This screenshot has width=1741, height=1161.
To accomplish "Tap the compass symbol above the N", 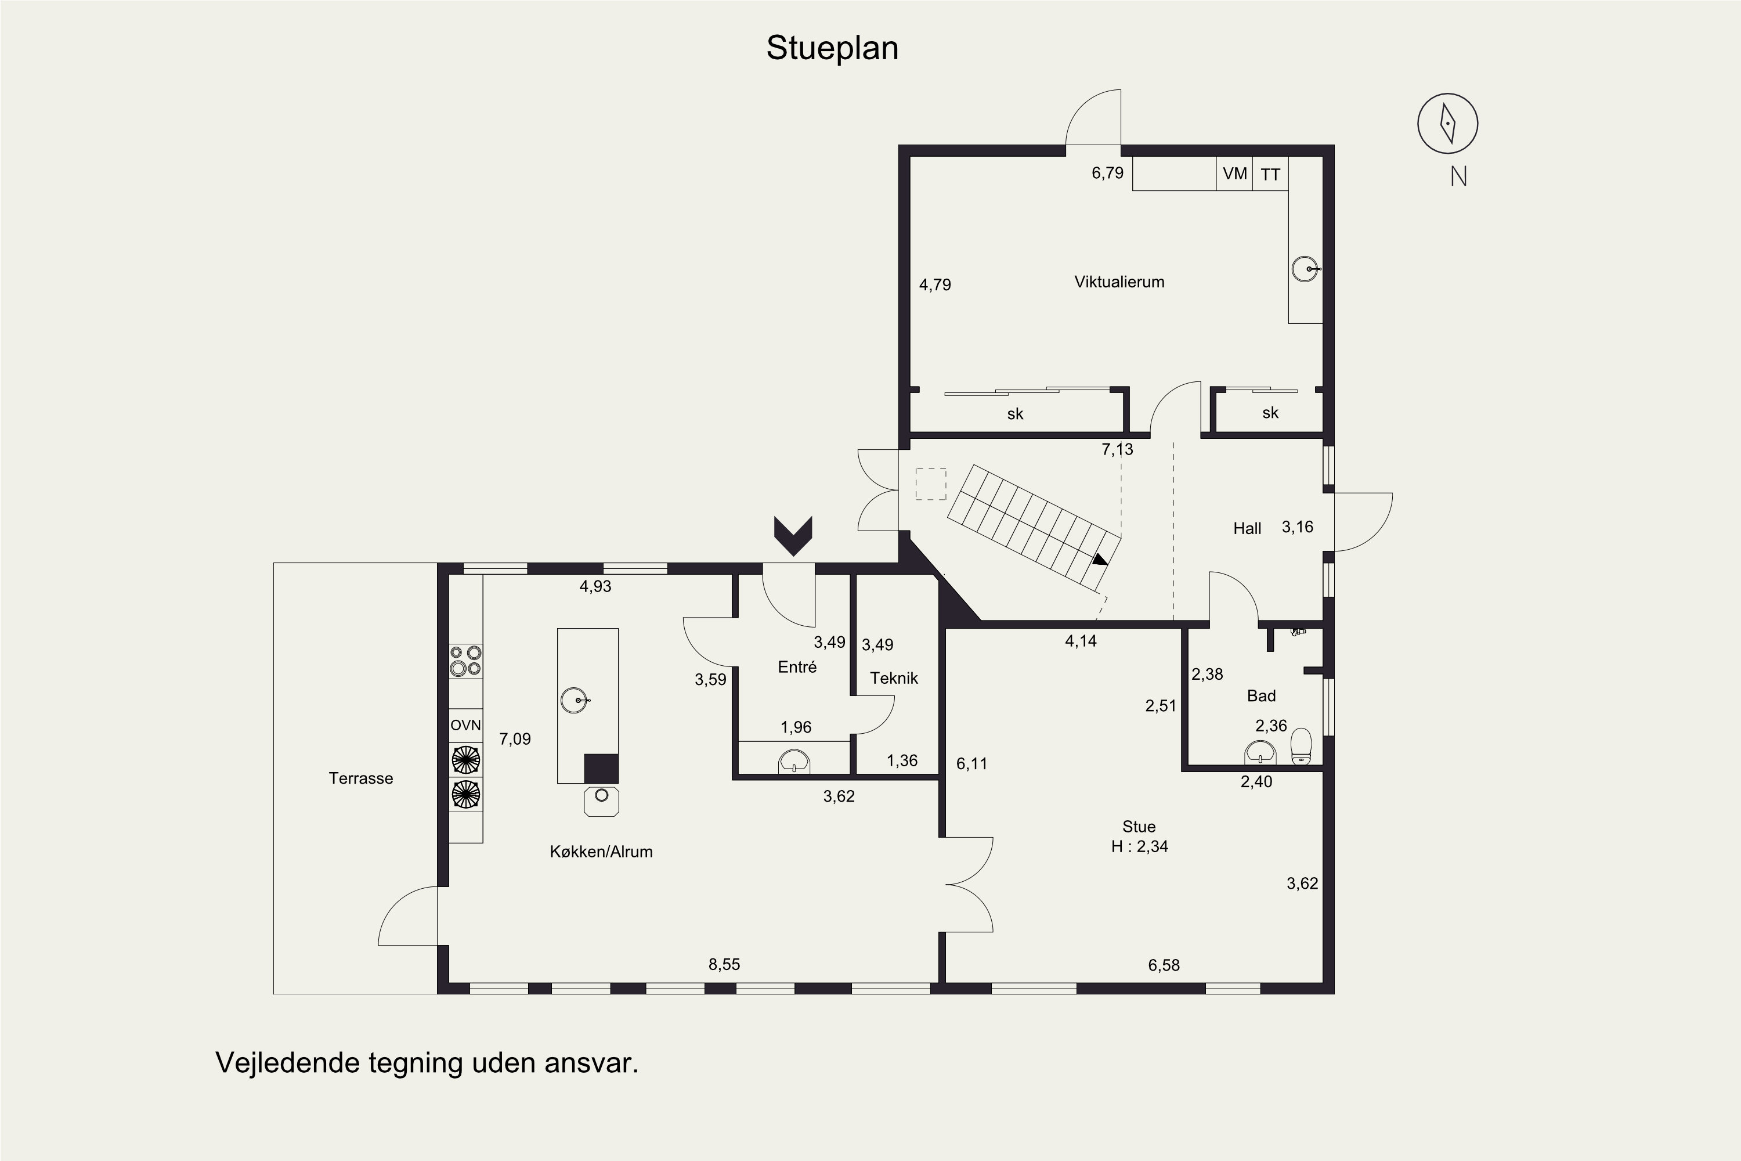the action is pos(1447,124).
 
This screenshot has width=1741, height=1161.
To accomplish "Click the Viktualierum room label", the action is pos(1119,282).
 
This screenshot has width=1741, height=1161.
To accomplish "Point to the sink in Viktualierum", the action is pos(1306,268).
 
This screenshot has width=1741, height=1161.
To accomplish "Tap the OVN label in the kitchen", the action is pos(465,726).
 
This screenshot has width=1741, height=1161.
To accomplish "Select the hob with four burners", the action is pos(465,661).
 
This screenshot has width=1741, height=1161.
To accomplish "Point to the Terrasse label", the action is pos(360,778).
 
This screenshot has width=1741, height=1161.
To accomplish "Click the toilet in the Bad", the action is pos(1301,747).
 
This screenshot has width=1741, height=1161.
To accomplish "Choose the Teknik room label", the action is pos(894,677).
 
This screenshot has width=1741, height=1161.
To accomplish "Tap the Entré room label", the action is pos(797,666).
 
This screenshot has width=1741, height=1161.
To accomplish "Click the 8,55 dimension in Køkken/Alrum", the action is pos(724,964).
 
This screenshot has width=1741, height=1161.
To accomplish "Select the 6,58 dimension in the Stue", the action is pos(1164,965).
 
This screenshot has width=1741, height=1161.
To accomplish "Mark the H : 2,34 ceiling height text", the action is pos(1139,846).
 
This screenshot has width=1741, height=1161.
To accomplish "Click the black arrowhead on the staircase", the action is pos(1100,560).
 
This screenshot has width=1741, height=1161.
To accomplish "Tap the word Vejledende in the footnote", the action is pos(287,1063).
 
